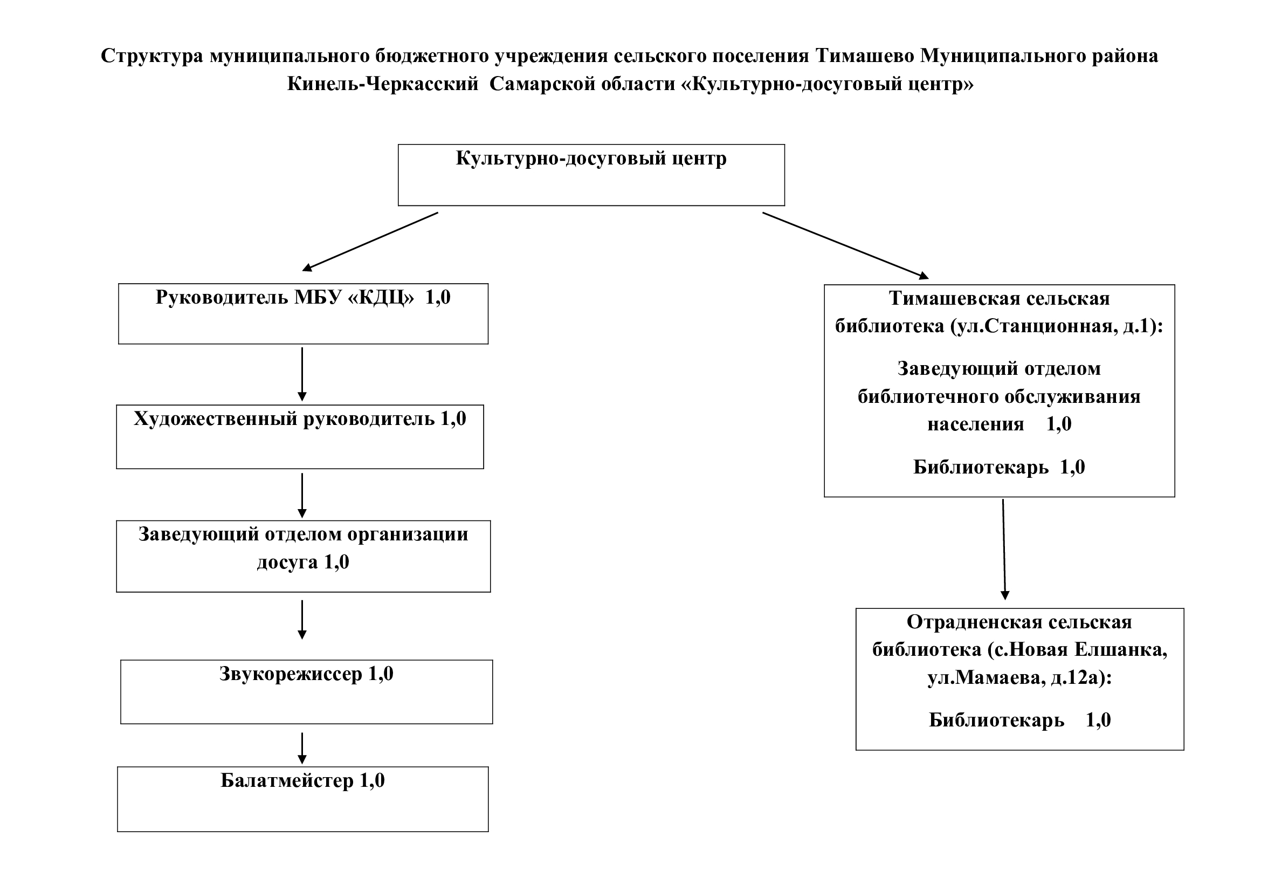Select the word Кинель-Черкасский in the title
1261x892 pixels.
tap(383, 84)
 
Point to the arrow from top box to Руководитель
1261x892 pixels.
tap(370, 242)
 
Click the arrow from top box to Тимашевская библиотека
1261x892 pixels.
tap(846, 245)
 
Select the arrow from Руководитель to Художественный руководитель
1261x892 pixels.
tap(302, 374)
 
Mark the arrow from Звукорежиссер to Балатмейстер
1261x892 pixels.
tap(302, 748)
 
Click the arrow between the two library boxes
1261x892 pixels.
tap(1004, 549)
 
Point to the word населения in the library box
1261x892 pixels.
tap(976, 424)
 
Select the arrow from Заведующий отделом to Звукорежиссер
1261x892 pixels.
tap(302, 620)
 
